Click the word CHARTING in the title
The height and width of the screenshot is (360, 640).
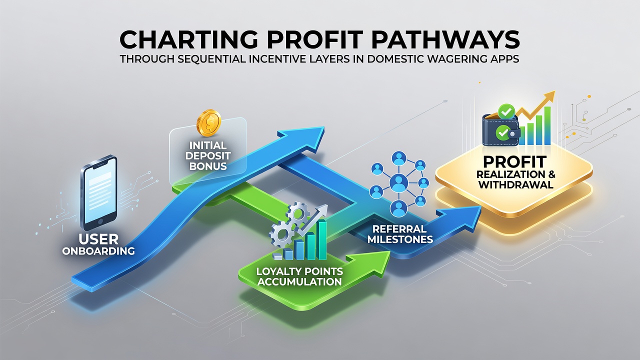point(188,39)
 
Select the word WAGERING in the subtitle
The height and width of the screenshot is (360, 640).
point(442,58)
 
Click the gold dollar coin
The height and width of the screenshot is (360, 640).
point(209,123)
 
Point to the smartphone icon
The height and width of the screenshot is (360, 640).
point(99,193)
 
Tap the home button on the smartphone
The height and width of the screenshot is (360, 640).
point(99,221)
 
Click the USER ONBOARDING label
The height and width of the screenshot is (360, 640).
point(98,244)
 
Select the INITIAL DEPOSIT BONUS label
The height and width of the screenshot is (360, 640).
point(208,155)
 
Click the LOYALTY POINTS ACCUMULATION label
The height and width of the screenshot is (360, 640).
point(299,276)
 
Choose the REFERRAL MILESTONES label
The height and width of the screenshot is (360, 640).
point(400,233)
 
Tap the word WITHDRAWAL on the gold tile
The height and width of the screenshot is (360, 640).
point(516,184)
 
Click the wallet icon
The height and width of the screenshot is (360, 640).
point(500,129)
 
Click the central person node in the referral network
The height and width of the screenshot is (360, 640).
point(398,182)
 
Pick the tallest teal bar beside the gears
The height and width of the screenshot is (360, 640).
point(322,240)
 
